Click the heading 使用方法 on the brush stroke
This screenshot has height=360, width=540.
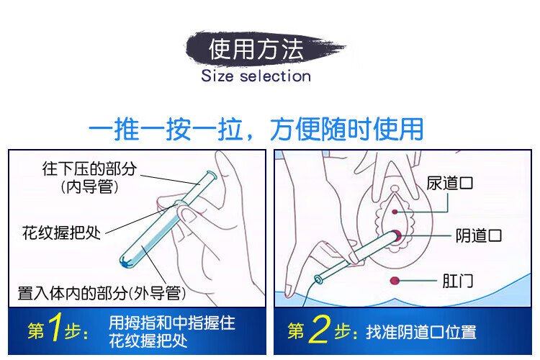(x=256, y=48)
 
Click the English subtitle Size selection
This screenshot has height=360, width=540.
(x=256, y=76)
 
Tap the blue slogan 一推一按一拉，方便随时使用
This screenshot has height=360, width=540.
(x=256, y=129)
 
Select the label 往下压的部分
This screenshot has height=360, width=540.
(x=89, y=168)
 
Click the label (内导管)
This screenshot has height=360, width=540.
(x=89, y=187)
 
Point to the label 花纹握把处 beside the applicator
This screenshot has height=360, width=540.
(x=62, y=233)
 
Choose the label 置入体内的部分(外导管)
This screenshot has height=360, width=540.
(x=102, y=293)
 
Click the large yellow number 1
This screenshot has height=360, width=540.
(x=55, y=328)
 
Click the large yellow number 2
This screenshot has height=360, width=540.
(x=320, y=330)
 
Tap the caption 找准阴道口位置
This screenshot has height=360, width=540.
(x=421, y=333)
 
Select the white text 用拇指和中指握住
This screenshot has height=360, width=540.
(x=172, y=323)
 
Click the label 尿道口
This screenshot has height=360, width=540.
(x=449, y=183)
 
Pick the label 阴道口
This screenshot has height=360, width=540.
(x=479, y=235)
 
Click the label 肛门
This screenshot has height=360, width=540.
(x=458, y=281)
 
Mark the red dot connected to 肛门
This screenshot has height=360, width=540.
(x=395, y=281)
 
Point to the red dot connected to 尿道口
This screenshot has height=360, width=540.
(x=395, y=212)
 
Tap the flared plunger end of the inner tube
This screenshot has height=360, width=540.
(x=211, y=176)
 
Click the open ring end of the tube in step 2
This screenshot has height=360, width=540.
(x=318, y=279)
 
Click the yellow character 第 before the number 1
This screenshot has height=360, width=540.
(x=36, y=330)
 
